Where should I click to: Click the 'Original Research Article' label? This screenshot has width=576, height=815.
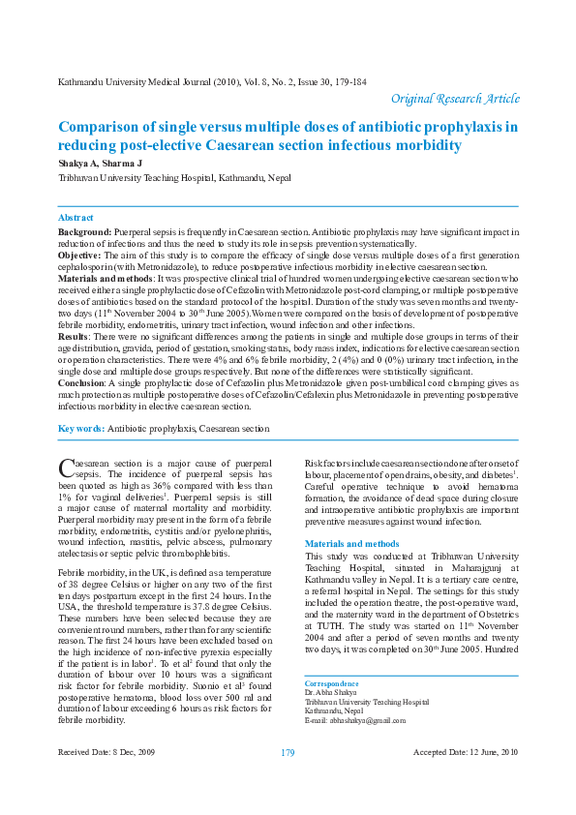(455, 100)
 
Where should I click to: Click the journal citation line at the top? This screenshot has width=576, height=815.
(213, 82)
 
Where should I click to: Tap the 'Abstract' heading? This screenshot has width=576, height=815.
(76, 219)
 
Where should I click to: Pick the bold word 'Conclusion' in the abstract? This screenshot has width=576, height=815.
(83, 383)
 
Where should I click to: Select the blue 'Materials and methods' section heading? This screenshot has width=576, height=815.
(351, 544)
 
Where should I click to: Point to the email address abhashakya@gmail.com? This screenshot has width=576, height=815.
(355, 721)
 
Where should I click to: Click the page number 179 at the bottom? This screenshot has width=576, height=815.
(288, 780)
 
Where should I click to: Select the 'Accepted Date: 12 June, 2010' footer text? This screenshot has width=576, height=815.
(466, 779)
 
